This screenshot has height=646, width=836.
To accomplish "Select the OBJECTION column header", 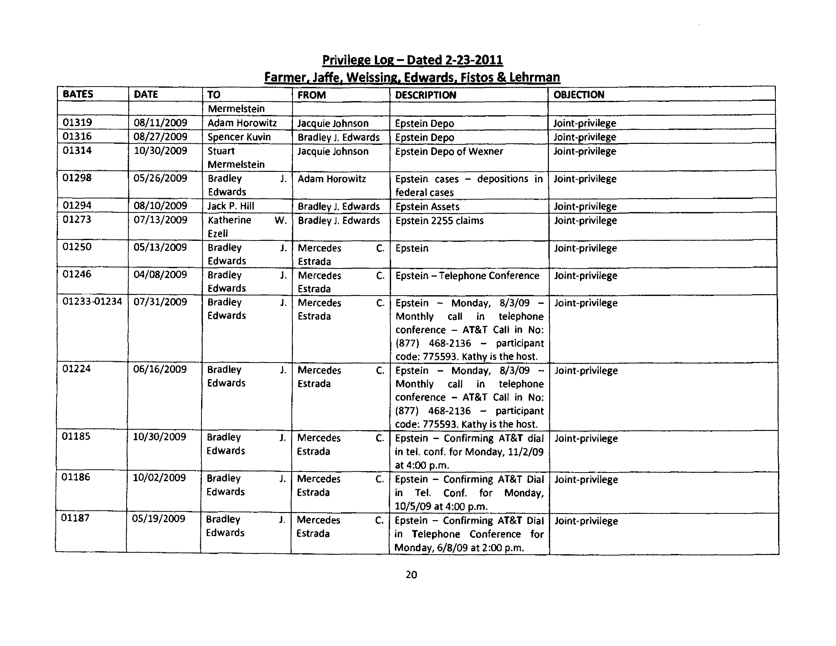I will tap(579, 95).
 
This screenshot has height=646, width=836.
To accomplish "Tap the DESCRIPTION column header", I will tap(425, 95).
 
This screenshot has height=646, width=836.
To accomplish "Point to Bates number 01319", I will tap(77, 122).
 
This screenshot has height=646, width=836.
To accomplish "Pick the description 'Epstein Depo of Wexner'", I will tap(449, 151).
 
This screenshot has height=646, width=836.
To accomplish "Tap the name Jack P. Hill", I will tap(231, 206).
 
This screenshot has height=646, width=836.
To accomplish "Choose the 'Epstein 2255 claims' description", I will tap(439, 221).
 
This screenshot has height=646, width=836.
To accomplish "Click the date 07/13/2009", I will tap(160, 220).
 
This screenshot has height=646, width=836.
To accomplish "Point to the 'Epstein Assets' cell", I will tap(427, 206).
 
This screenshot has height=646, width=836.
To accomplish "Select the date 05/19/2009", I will tap(158, 519).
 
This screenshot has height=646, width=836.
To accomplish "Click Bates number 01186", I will tap(76, 477).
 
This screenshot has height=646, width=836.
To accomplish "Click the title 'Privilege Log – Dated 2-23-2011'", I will tap(412, 60).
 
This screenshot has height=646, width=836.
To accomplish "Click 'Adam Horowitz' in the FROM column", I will tap(331, 179).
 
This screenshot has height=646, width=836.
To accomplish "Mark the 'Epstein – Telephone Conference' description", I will tap(467, 276).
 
